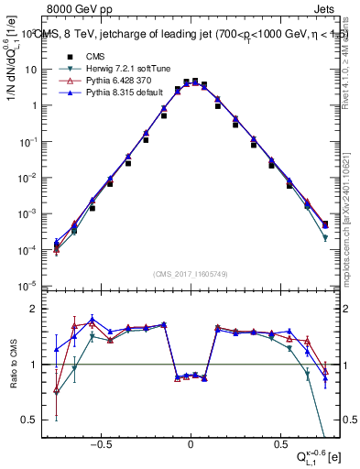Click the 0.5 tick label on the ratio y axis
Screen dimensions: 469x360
(x=36, y=420)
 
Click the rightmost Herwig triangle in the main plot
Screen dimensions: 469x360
(x=325, y=238)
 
